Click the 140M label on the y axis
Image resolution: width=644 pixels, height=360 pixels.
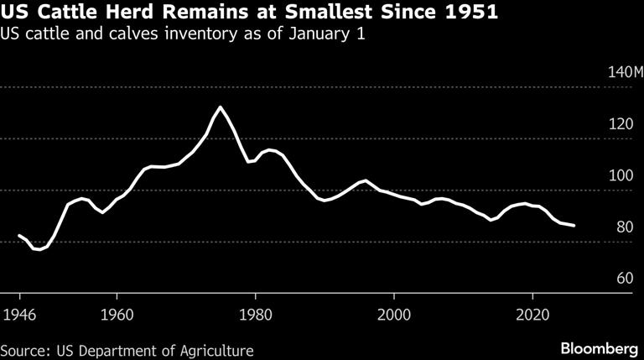click(x=625, y=72)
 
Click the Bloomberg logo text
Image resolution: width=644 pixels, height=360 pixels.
click(x=599, y=348)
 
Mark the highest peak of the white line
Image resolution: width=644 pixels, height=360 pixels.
click(x=220, y=107)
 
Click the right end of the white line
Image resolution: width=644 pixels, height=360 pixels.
click(x=574, y=226)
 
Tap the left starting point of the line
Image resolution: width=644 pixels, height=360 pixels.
click(x=19, y=235)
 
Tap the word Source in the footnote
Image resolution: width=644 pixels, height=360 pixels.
click(x=23, y=349)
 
